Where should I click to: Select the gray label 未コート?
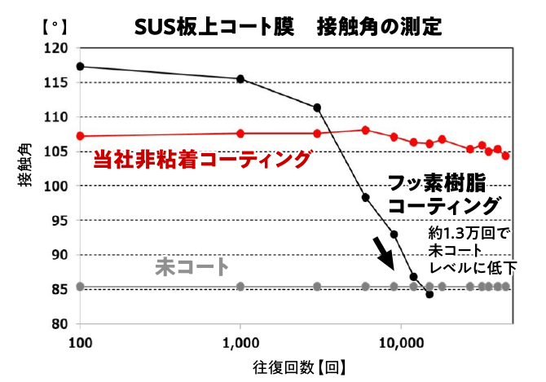(192, 267)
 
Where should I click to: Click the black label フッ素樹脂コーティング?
(443, 194)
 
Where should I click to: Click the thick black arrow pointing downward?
(383, 254)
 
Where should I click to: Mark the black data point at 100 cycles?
(80, 67)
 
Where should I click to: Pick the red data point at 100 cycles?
(80, 136)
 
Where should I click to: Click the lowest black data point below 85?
(429, 294)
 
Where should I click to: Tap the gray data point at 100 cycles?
(80, 286)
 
